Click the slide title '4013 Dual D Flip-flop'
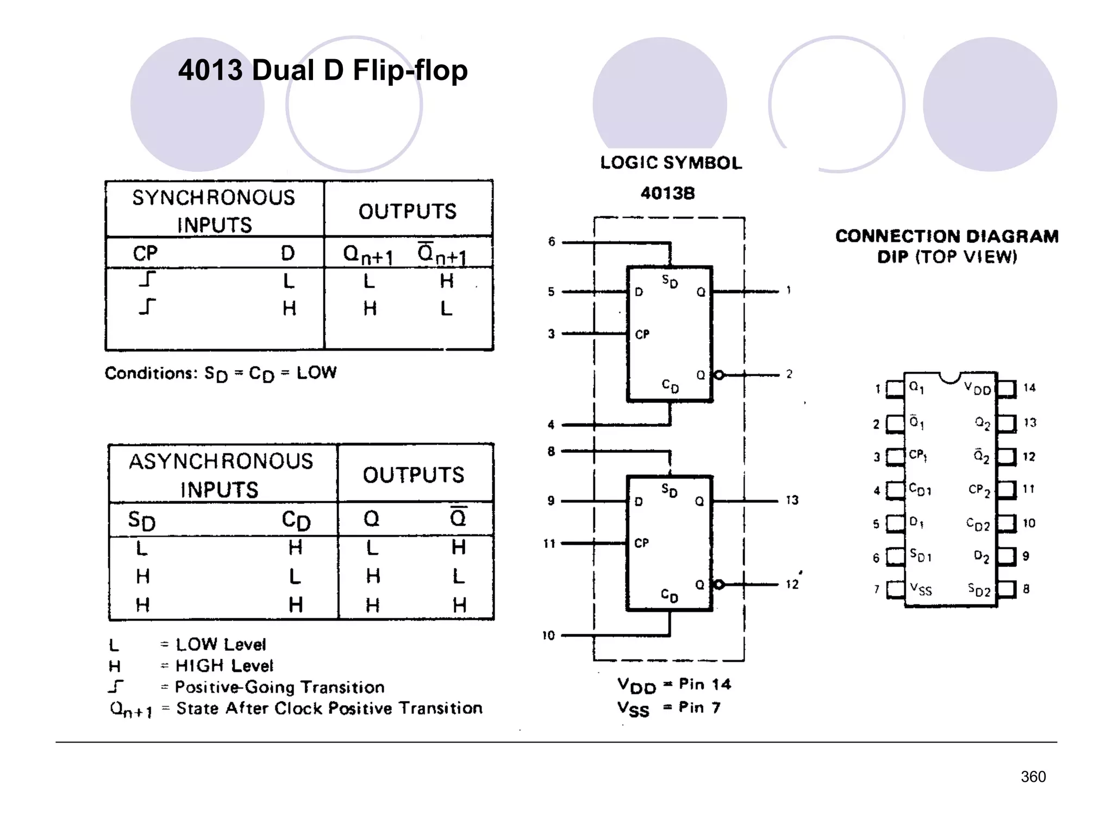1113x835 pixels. (323, 71)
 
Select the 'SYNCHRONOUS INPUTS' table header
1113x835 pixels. (214, 211)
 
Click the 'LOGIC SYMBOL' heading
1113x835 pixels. (671, 163)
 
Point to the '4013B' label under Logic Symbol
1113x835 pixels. (667, 193)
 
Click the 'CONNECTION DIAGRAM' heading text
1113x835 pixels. (947, 236)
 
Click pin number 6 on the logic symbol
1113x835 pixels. (552, 242)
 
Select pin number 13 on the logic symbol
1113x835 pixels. (792, 500)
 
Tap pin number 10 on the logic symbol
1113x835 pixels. (548, 635)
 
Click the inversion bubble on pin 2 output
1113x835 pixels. (719, 375)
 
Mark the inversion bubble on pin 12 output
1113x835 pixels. (719, 584)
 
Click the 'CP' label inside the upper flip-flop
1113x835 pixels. (642, 334)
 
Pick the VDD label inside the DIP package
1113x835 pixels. (978, 388)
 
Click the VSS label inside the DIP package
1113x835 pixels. (921, 589)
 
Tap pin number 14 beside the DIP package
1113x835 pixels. (1029, 388)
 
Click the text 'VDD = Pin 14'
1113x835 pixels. (674, 685)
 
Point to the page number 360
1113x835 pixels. (1033, 777)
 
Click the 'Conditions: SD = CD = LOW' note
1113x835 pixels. (221, 373)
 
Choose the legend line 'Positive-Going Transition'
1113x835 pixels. (279, 687)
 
